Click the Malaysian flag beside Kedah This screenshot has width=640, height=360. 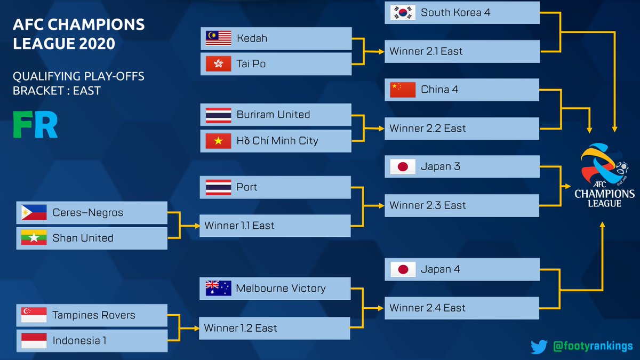[218, 38]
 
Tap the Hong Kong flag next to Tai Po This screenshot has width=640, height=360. [218, 63]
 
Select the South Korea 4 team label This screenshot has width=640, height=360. [455, 13]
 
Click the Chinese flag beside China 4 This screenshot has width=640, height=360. [403, 90]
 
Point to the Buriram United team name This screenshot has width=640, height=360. [273, 115]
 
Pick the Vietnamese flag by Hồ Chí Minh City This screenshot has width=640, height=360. [218, 141]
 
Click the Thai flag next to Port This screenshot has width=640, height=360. [218, 187]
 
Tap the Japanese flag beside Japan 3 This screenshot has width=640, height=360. [403, 166]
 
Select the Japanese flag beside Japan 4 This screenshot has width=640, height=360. [403, 269]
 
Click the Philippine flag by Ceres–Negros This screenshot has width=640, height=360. [34, 213]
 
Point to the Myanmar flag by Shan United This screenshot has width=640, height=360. [34, 238]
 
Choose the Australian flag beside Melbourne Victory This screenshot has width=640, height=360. [218, 289]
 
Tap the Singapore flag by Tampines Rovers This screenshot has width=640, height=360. [34, 315]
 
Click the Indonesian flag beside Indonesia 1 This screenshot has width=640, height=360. [34, 341]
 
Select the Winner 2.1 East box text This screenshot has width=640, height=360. [426, 51]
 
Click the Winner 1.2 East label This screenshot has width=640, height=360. [241, 328]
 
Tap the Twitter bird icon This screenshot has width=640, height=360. [539, 347]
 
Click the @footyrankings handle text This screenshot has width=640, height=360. [593, 346]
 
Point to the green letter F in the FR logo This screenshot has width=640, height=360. [22, 125]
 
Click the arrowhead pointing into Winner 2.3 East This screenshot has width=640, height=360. [381, 206]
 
